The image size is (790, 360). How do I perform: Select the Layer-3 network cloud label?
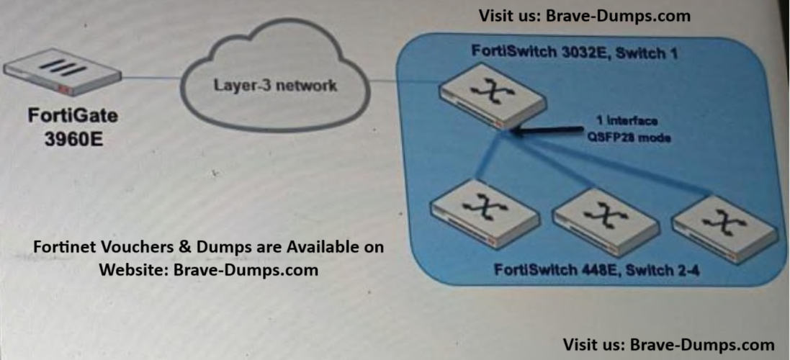[x=274, y=86]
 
